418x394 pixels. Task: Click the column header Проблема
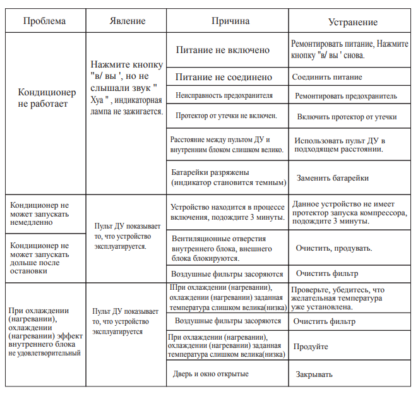pyautogui.click(x=44, y=21)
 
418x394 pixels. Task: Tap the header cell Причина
pyautogui.click(x=230, y=21)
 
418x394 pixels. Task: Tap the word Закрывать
pyautogui.click(x=314, y=374)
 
